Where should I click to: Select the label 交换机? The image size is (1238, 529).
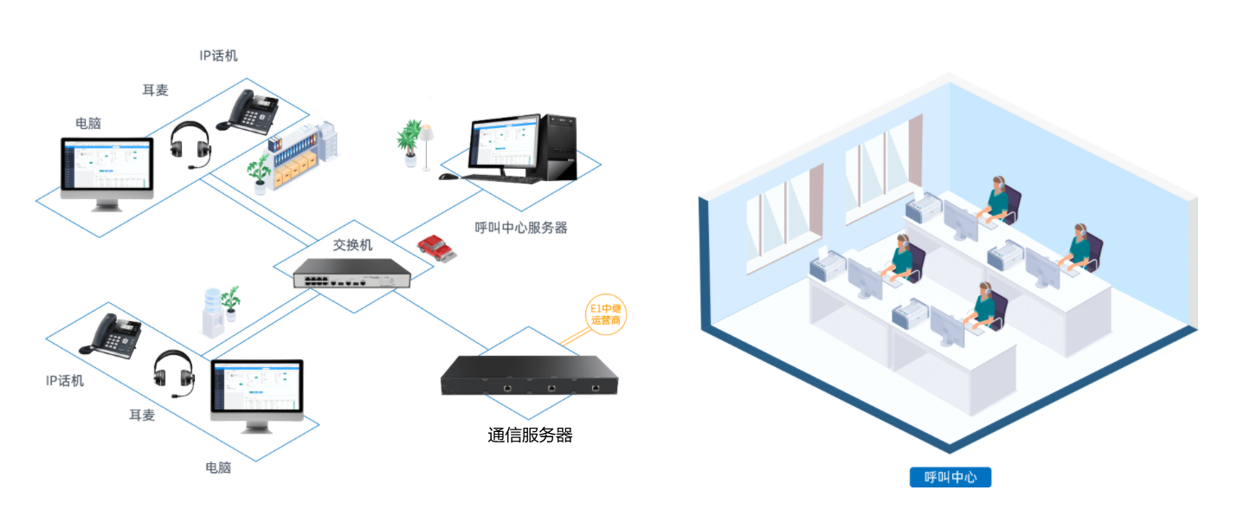click(x=352, y=245)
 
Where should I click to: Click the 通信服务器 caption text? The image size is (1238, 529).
click(x=530, y=435)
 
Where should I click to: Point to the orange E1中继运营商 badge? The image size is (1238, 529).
click(x=605, y=314)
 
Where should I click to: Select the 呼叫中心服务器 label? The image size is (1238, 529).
click(x=521, y=228)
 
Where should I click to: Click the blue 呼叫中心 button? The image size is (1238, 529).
click(x=950, y=477)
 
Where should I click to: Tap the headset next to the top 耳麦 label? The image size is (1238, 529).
click(x=190, y=145)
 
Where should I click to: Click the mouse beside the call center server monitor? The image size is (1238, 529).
click(x=447, y=177)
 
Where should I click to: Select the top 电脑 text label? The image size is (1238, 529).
click(x=87, y=123)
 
